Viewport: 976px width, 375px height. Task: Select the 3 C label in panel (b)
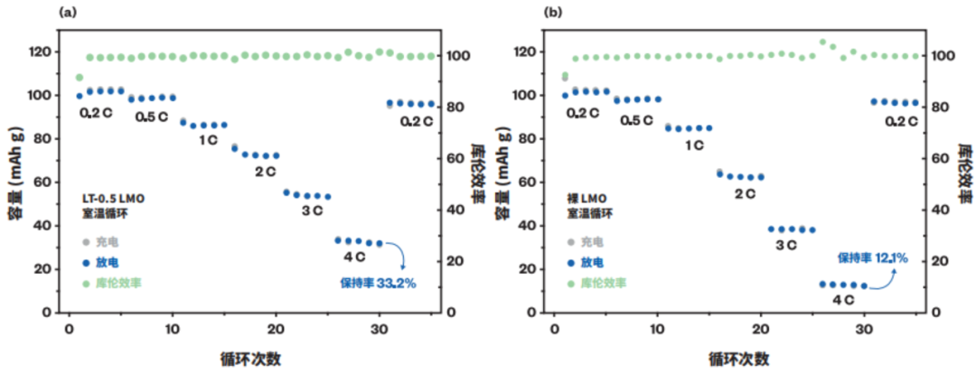pyautogui.click(x=783, y=245)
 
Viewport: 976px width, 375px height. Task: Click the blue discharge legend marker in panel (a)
pyautogui.click(x=85, y=262)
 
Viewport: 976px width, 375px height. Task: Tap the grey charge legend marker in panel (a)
pyautogui.click(x=85, y=242)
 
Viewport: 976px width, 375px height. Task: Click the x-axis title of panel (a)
pyautogui.click(x=249, y=358)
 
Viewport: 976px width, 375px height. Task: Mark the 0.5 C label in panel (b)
pyautogui.click(x=637, y=118)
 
